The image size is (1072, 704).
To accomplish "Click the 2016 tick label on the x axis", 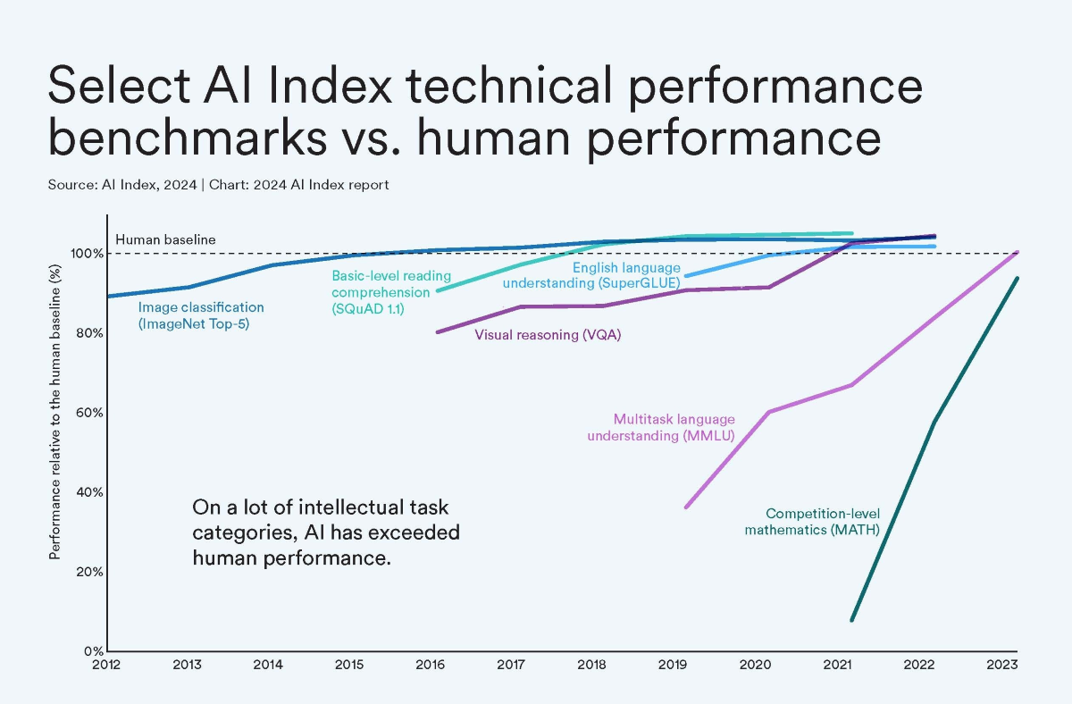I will (x=431, y=665).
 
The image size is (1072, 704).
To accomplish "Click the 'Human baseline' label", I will (x=165, y=239).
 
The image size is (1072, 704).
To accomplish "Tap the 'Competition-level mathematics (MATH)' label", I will (x=823, y=522).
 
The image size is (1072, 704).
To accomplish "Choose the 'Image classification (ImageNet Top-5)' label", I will (x=201, y=315).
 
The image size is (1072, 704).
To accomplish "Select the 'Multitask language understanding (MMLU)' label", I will (x=674, y=427).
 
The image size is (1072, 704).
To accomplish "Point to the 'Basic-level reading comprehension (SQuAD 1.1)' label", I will (x=391, y=291).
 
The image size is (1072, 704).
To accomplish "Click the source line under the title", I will (x=218, y=185).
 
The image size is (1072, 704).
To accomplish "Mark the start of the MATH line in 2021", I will (x=852, y=620).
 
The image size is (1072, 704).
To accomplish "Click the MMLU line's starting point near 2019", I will (x=686, y=507).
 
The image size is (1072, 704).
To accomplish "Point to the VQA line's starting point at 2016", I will (x=437, y=332).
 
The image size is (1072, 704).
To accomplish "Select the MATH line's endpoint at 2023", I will (x=1018, y=278).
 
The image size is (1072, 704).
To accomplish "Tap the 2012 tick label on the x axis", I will (x=107, y=665).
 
